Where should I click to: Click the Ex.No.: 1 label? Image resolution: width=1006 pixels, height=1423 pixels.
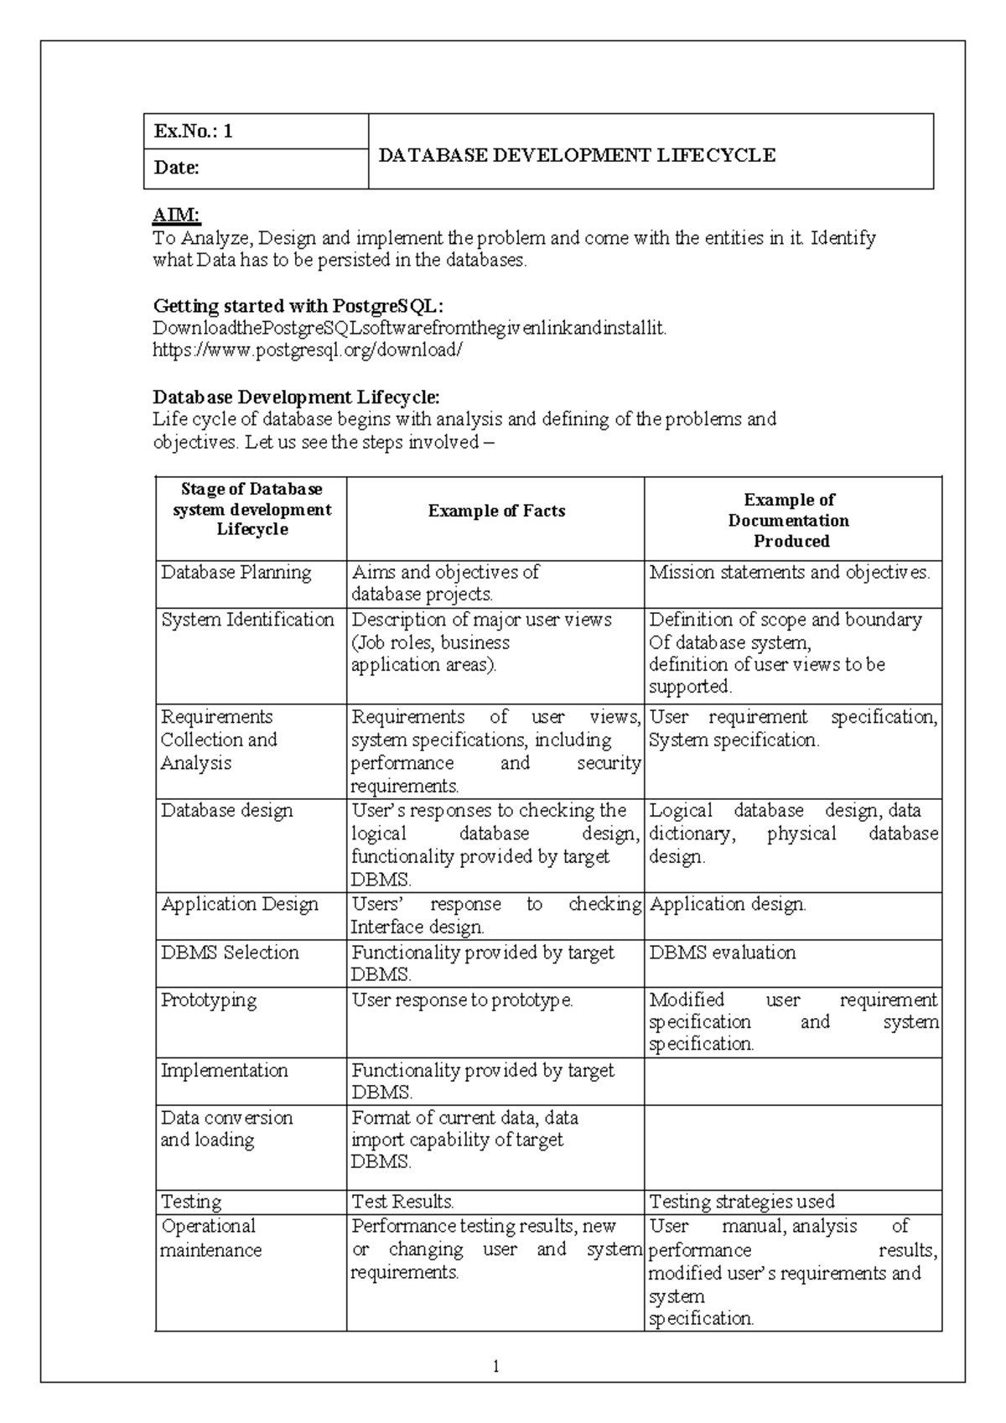(x=193, y=132)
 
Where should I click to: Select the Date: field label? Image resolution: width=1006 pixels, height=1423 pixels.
(x=176, y=168)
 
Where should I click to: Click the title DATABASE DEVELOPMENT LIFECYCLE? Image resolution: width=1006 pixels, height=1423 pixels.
(x=577, y=155)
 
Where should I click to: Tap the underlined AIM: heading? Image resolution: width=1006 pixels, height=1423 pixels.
(x=176, y=216)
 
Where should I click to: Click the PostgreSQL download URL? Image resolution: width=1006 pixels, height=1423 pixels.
(x=307, y=350)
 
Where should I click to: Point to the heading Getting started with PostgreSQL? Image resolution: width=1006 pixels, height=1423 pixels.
(x=298, y=305)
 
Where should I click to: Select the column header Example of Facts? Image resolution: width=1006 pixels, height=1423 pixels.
(x=496, y=511)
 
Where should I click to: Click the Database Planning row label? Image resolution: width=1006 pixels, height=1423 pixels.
(x=236, y=573)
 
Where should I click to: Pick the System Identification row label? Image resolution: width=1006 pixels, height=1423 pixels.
(x=247, y=620)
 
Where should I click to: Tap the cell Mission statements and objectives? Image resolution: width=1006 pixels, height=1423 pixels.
(x=789, y=573)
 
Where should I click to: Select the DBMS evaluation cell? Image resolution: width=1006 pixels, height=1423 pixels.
(x=722, y=953)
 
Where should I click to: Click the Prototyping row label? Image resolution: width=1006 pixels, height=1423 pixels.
(x=209, y=1000)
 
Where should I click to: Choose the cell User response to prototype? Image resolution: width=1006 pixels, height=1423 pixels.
(x=462, y=1000)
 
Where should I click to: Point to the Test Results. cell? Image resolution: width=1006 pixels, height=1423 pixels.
(x=402, y=1202)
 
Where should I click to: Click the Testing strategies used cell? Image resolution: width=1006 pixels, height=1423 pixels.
(x=741, y=1202)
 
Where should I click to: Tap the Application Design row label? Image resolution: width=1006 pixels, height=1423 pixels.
(x=240, y=905)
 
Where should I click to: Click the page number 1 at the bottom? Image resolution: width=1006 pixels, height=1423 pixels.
(x=496, y=1367)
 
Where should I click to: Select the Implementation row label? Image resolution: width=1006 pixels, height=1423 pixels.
(x=224, y=1071)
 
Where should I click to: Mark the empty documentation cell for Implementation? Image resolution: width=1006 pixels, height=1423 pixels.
(x=792, y=1081)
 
